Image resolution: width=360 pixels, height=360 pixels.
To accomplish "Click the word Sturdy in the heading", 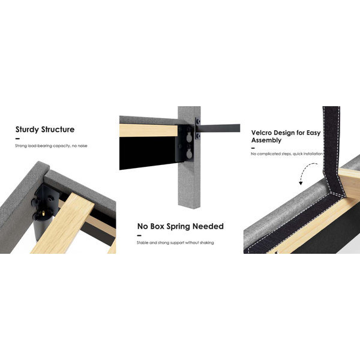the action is click(27, 130).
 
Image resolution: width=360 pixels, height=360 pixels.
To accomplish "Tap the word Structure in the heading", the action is click(58, 129).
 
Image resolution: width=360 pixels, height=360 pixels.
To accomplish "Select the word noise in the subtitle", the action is click(82, 146).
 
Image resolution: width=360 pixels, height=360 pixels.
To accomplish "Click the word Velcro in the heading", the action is click(261, 133).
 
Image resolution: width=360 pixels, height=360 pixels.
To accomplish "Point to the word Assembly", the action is click(266, 140).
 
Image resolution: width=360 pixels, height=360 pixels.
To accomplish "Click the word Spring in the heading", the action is click(178, 227).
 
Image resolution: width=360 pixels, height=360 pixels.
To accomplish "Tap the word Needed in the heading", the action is click(208, 226).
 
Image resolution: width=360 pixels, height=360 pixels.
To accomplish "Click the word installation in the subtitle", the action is click(313, 154).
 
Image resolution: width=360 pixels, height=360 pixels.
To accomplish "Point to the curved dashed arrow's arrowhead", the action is click(301, 183).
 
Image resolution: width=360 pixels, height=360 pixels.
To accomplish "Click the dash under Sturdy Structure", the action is click(17, 139).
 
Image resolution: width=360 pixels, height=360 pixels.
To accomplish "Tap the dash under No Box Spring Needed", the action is click(139, 236).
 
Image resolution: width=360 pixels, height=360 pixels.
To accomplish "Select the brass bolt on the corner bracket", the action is click(42, 214).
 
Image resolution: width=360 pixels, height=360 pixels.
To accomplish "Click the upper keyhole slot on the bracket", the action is click(189, 137).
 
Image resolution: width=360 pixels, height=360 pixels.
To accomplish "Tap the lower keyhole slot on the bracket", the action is click(189, 154).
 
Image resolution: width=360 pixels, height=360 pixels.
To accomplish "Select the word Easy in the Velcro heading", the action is click(313, 133).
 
